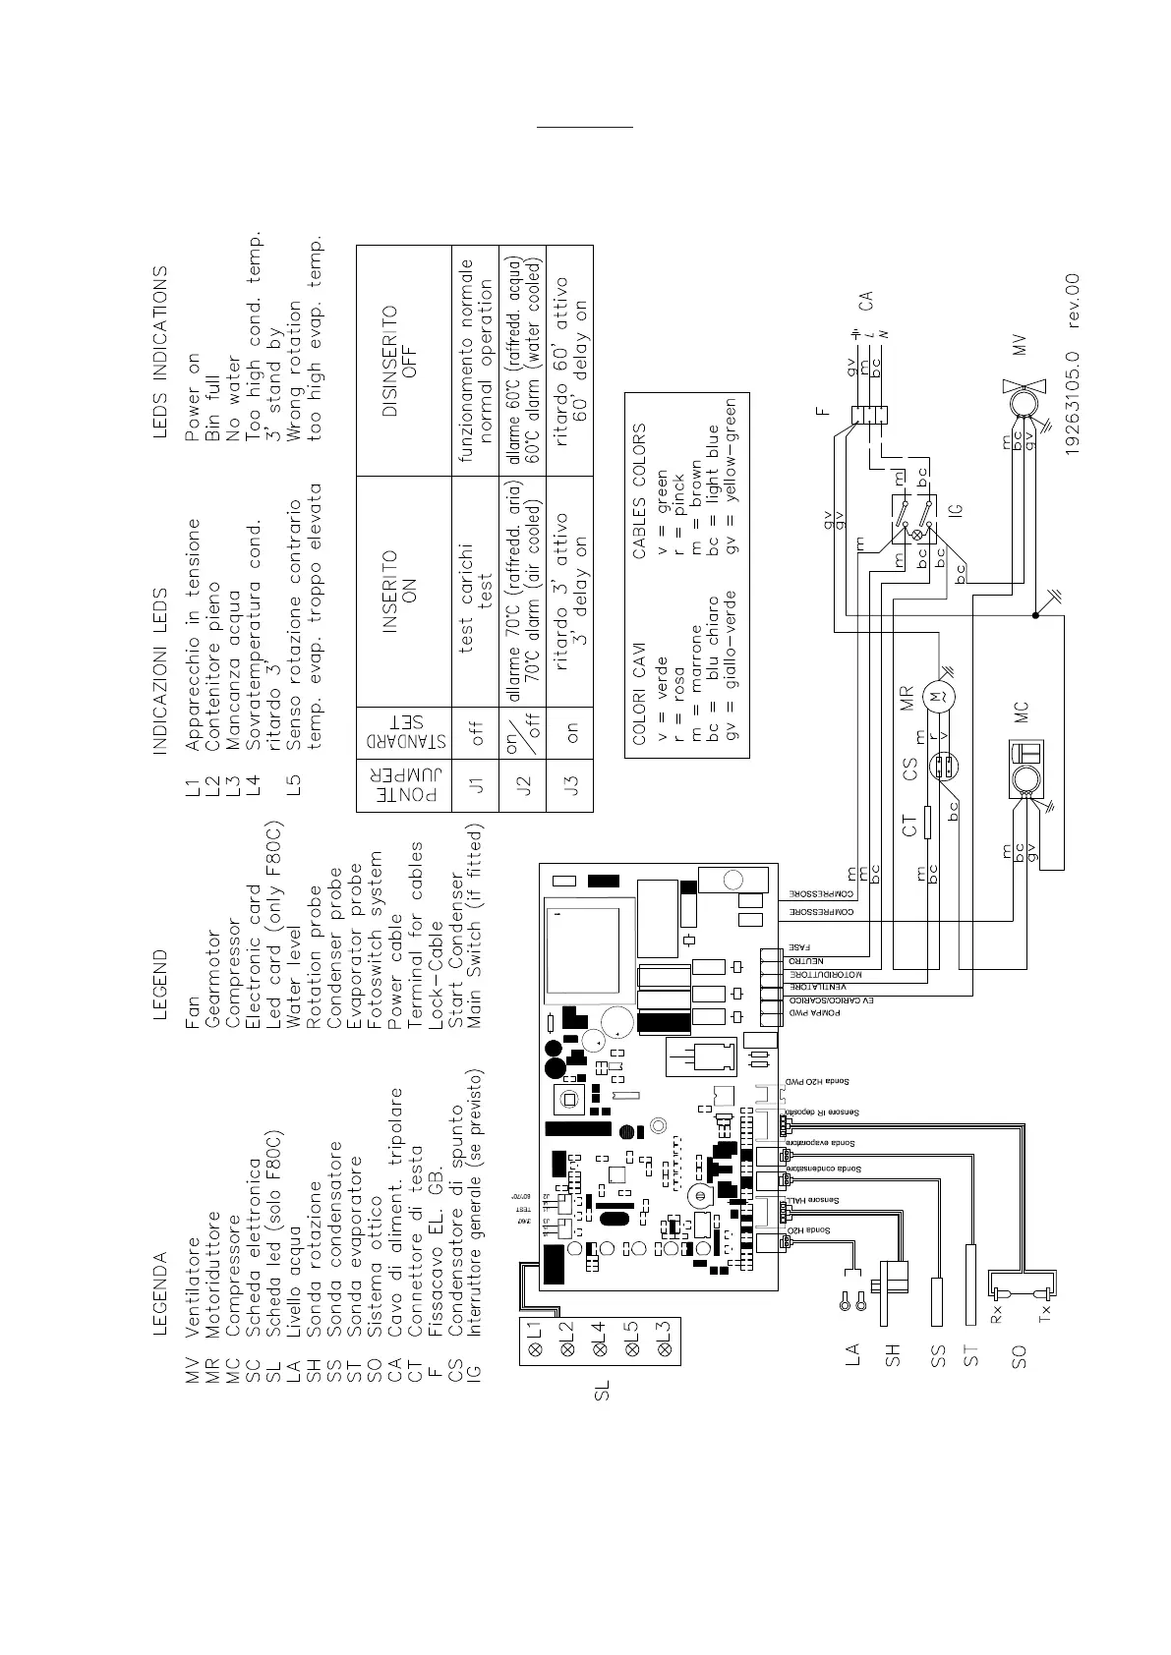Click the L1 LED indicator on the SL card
[x=536, y=1330]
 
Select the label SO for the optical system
[x=1019, y=1356]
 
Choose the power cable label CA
[x=866, y=299]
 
